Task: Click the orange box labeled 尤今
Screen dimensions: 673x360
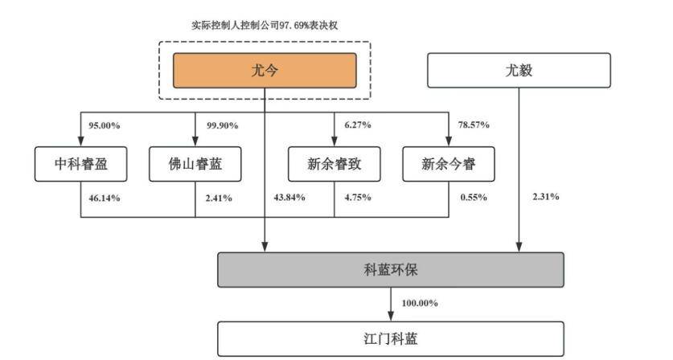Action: tap(265, 71)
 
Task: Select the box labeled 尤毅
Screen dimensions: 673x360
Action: tap(519, 71)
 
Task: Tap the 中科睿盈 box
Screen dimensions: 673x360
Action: tap(80, 164)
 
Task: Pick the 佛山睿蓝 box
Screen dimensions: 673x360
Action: tap(195, 164)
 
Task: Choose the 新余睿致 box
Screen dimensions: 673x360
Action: tap(334, 164)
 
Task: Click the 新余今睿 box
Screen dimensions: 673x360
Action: tap(449, 164)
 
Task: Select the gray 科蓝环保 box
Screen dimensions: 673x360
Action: tap(391, 270)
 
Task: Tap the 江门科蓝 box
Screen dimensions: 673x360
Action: tap(391, 339)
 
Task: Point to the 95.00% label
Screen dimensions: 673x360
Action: tap(105, 125)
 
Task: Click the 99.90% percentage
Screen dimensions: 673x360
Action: tap(223, 125)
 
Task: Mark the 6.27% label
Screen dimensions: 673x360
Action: tap(358, 125)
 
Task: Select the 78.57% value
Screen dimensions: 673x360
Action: tap(474, 125)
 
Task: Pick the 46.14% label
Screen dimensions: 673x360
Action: tap(105, 198)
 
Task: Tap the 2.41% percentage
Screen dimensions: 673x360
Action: tap(219, 198)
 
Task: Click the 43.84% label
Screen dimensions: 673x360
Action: tap(289, 198)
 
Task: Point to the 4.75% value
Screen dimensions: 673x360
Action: tap(358, 198)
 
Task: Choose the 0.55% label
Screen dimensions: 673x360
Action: tap(474, 198)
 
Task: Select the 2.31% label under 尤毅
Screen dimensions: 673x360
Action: tap(545, 197)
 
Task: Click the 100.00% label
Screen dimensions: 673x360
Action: tap(420, 304)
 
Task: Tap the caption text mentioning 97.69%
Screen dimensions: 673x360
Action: tap(265, 26)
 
